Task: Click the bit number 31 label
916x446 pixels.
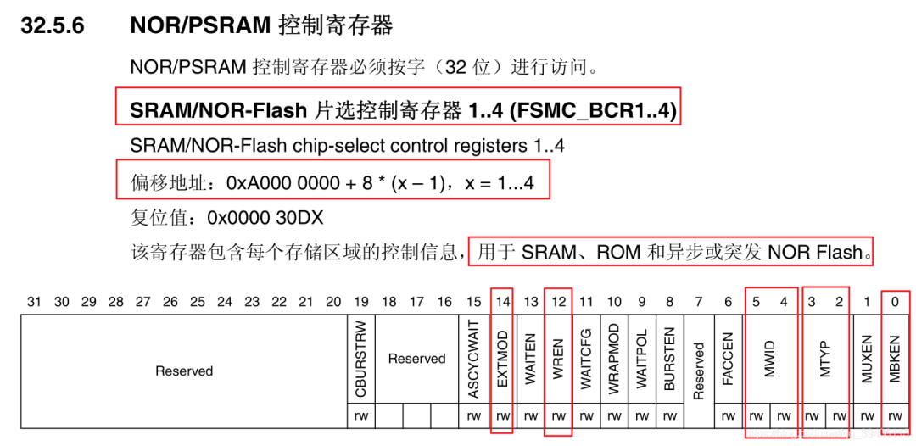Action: pyautogui.click(x=34, y=302)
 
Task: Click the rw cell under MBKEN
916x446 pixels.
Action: pyautogui.click(x=895, y=416)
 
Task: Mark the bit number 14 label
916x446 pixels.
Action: pyautogui.click(x=502, y=302)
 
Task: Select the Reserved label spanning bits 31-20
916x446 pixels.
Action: pyautogui.click(x=183, y=371)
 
